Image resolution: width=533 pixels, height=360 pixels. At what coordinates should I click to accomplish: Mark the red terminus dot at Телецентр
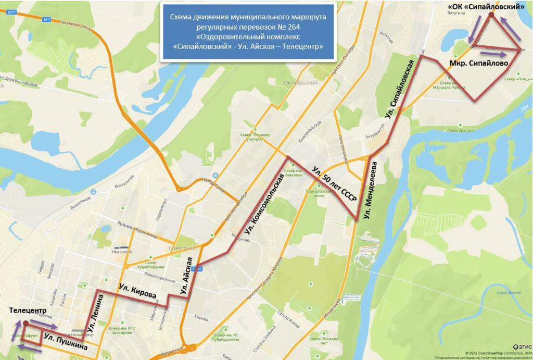coord(25,323)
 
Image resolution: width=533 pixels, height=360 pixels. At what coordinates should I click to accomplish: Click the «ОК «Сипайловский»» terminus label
coord(486,7)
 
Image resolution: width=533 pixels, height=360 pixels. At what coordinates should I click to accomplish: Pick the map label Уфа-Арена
coord(121,252)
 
